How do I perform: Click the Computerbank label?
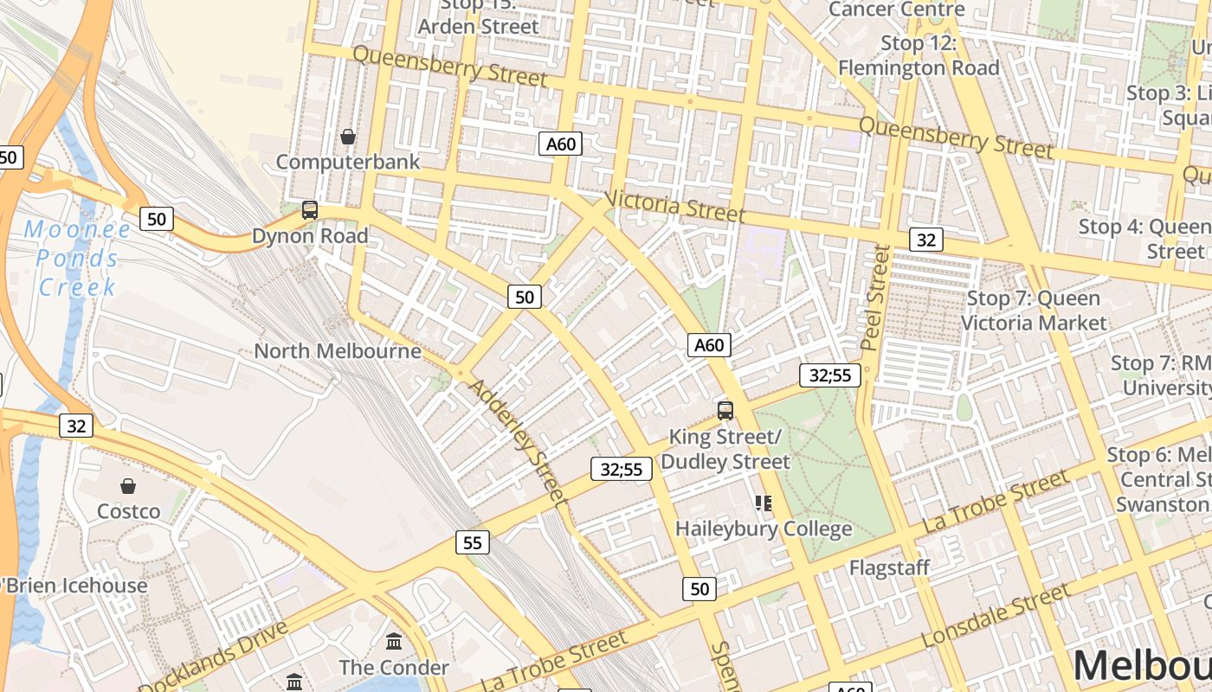tap(348, 162)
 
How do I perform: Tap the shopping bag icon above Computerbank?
tap(348, 137)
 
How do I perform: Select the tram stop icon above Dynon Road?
tap(310, 209)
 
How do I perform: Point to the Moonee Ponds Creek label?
tap(78, 258)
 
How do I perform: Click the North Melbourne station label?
tap(338, 351)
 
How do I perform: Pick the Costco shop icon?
tap(128, 486)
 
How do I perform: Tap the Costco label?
tap(128, 511)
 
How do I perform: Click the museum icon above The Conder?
tap(394, 641)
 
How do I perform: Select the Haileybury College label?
tap(764, 529)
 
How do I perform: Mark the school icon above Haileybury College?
tap(763, 503)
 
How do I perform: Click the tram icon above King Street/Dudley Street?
tap(725, 411)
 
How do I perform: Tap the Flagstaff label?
tap(889, 568)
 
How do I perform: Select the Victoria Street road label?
tap(674, 205)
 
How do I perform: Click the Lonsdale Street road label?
tap(995, 616)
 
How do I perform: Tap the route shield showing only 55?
tap(472, 543)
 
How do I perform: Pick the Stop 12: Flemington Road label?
tap(919, 55)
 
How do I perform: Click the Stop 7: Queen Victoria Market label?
tap(1034, 311)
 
